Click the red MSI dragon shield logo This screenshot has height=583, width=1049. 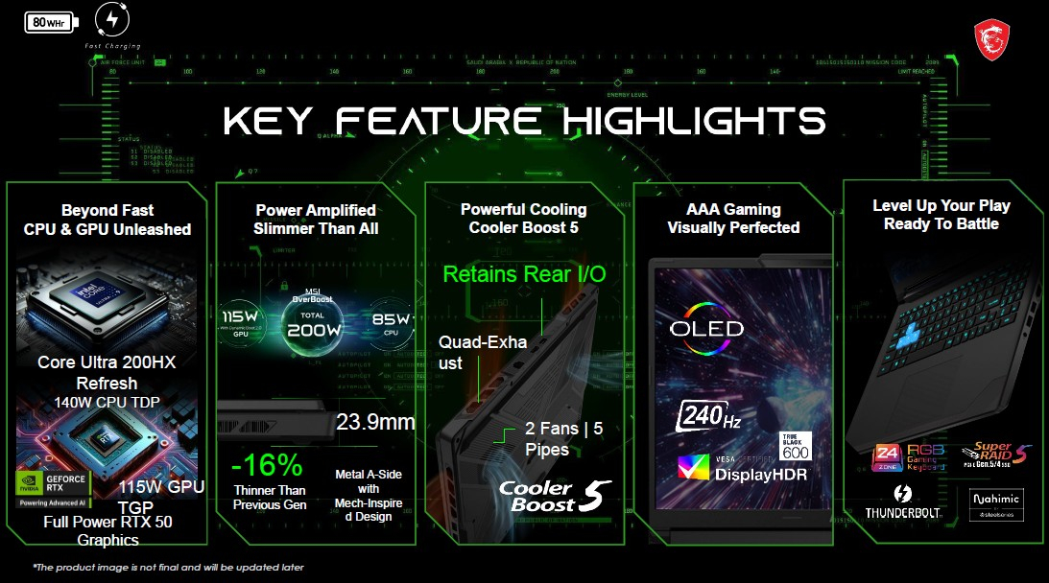tap(993, 40)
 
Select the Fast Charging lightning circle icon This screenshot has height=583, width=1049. tap(112, 20)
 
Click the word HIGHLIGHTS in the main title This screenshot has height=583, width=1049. tap(693, 122)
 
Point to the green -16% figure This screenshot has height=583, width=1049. tap(268, 467)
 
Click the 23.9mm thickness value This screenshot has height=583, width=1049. tap(375, 423)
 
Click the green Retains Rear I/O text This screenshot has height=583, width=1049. tap(523, 275)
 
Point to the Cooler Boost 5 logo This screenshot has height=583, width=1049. tap(555, 496)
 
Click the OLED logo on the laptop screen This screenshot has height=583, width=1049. tap(706, 329)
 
